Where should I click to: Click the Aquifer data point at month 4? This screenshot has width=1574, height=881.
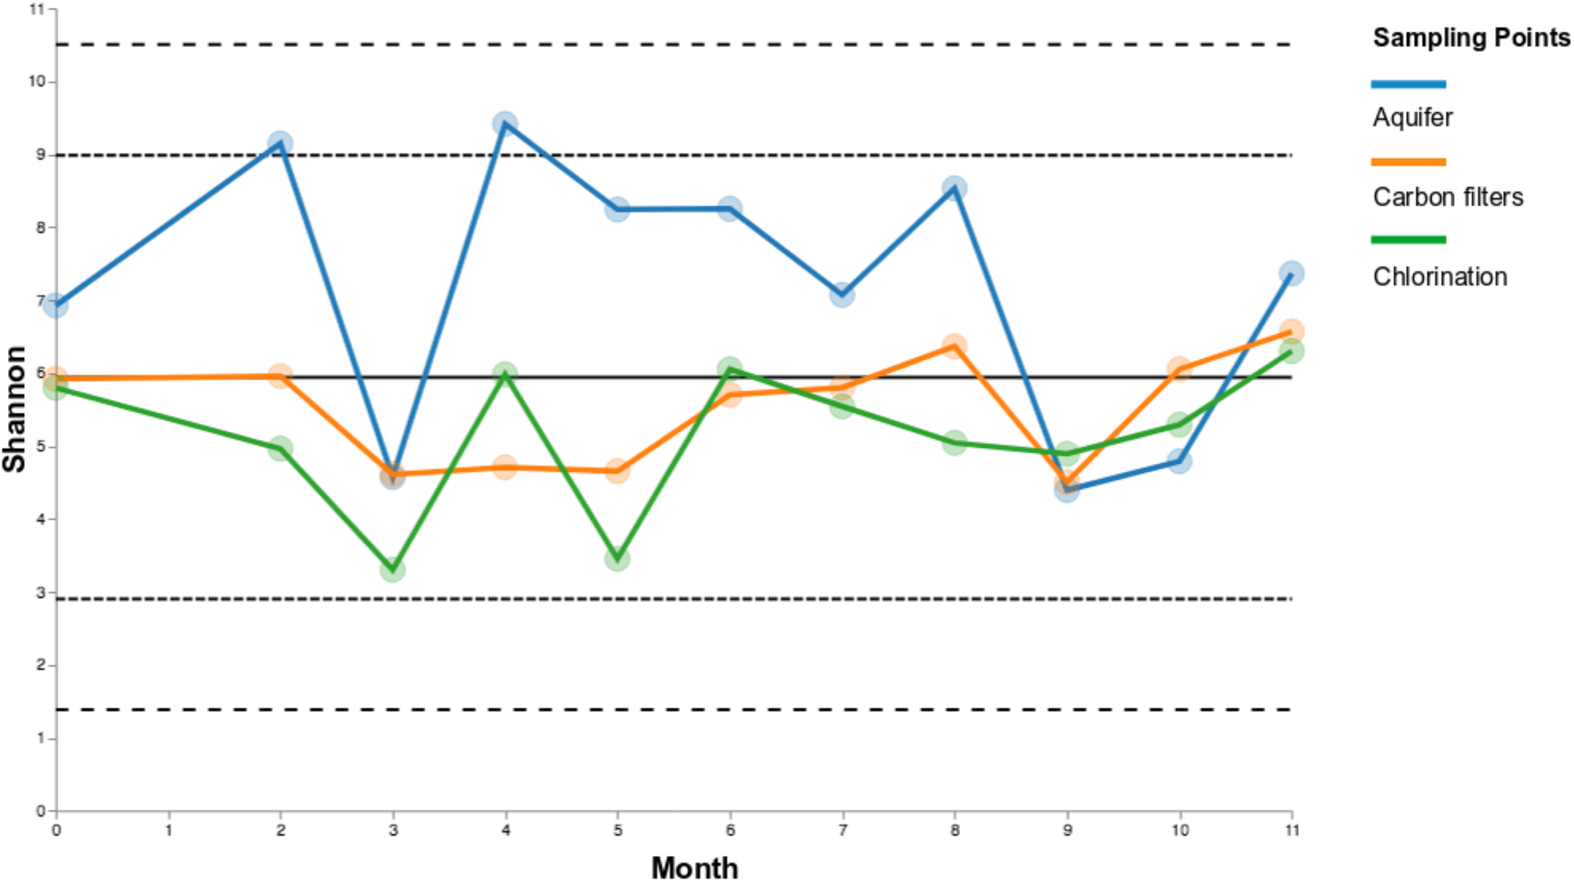(505, 123)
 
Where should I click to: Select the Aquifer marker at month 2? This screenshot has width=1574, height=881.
(280, 143)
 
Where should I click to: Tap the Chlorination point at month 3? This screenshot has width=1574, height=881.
(393, 569)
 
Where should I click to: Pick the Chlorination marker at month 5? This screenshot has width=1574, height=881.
(618, 559)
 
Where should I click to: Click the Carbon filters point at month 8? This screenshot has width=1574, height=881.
(954, 346)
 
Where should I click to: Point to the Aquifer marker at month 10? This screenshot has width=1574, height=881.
(1179, 462)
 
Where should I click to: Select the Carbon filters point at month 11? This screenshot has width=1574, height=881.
(1291, 331)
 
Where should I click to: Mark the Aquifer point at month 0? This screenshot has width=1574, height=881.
(56, 304)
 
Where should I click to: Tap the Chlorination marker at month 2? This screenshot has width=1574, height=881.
(280, 448)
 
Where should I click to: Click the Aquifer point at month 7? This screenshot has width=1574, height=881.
(842, 295)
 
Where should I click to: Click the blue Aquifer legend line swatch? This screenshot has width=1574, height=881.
(1408, 84)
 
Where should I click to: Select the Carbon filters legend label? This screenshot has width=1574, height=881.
(1448, 197)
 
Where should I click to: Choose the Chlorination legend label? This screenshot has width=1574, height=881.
(1440, 277)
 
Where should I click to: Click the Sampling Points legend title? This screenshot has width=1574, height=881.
(1471, 38)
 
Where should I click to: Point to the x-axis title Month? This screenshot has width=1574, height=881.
(694, 868)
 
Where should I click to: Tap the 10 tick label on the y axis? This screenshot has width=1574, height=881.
(37, 81)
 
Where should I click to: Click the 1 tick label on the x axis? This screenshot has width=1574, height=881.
(169, 830)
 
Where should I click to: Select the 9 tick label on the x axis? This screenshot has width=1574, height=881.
(1067, 830)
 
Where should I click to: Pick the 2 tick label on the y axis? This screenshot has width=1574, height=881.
(41, 665)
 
